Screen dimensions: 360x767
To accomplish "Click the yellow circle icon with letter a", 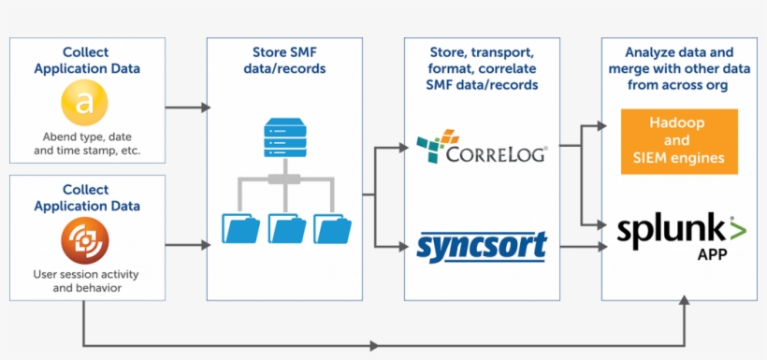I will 86,103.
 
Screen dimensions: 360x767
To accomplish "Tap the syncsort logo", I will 481,246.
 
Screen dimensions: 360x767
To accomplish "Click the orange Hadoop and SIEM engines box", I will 680,141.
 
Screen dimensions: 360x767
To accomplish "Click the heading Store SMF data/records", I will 284,61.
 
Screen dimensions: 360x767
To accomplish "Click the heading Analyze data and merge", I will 680,68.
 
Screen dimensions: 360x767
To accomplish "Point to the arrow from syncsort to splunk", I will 575,247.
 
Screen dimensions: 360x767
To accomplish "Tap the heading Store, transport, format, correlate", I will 481,68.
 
